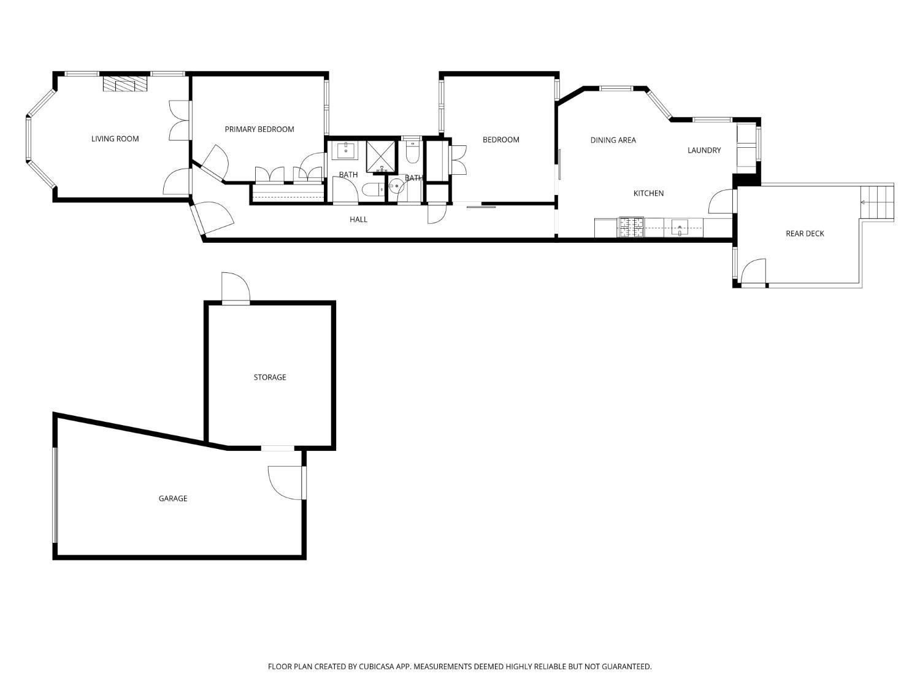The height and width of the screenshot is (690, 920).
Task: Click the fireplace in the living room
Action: coord(125,84)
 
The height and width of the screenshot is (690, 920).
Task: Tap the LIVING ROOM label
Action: coord(115,139)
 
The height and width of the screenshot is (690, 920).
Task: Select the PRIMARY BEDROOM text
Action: coord(259,129)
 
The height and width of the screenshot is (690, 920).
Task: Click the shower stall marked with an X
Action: coord(381,156)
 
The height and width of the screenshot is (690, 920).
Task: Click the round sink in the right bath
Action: coord(396,186)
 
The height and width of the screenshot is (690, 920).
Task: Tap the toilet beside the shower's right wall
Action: coord(412,152)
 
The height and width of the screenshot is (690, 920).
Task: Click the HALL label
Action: coord(359,220)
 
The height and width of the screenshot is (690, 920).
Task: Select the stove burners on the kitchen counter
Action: coord(631,228)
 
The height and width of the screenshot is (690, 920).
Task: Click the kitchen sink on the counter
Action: coord(680,228)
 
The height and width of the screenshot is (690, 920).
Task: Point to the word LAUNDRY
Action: coord(704,150)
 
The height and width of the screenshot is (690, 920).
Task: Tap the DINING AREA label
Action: coord(613,140)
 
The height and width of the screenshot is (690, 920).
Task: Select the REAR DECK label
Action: coord(805,234)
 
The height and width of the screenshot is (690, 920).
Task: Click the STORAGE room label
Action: coord(270,377)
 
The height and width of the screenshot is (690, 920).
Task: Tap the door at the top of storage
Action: coord(236,288)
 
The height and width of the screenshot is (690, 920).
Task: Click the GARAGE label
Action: coord(173,499)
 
